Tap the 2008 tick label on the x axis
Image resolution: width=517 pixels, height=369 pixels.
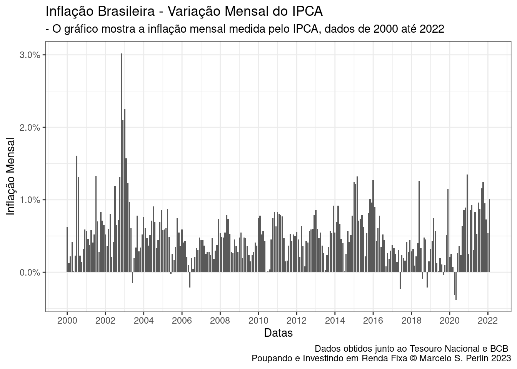(220, 320)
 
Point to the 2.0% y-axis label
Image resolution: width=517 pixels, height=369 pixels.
(30, 127)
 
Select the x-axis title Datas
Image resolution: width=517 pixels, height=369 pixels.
(278, 333)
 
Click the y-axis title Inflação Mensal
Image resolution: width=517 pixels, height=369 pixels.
(11, 176)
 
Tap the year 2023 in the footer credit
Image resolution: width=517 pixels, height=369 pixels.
(500, 359)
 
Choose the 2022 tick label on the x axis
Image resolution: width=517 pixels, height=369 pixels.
(488, 320)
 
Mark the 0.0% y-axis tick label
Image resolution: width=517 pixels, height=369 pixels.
(30, 273)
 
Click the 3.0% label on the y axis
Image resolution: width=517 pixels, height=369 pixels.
(30, 55)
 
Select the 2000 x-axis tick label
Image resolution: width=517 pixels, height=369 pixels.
(67, 320)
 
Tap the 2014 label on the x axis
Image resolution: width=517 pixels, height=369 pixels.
(335, 320)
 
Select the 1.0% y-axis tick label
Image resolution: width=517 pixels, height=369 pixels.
(30, 200)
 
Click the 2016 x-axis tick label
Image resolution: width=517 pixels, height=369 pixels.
(373, 320)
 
